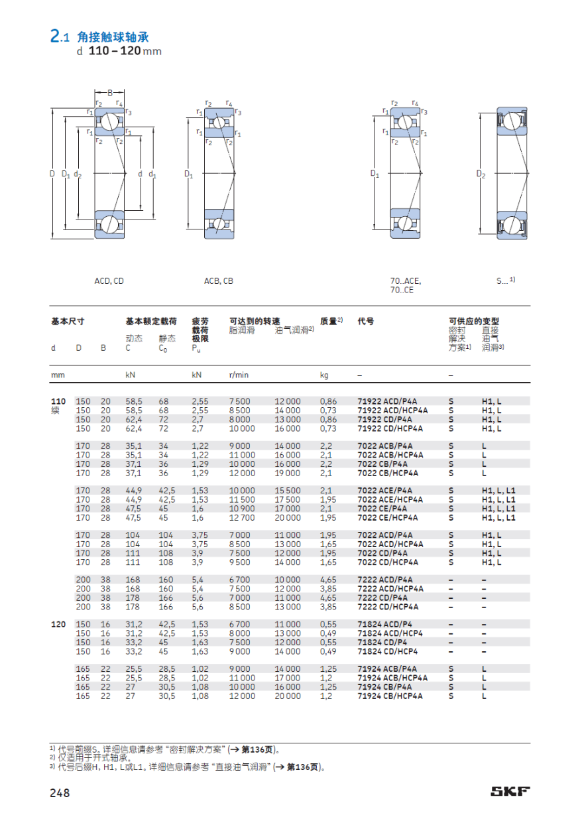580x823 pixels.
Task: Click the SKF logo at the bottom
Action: pos(510,791)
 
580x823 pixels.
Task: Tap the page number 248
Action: pos(60,792)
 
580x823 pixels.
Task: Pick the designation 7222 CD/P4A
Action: pos(382,598)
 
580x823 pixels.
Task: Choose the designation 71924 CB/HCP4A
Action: pos(392,696)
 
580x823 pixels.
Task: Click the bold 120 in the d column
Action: pos(58,625)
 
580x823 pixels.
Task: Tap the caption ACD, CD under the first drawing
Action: pos(109,281)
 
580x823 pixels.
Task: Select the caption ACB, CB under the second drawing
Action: pos(218,281)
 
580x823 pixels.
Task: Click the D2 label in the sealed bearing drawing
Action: pos(481,174)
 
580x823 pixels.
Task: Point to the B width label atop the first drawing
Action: pos(110,93)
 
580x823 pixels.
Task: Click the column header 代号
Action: pos(365,321)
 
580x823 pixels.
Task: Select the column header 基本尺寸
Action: pos(68,321)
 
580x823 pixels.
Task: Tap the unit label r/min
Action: pos(239,375)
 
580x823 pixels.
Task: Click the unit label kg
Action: pos(324,375)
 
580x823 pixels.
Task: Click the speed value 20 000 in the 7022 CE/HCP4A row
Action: pos(288,517)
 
